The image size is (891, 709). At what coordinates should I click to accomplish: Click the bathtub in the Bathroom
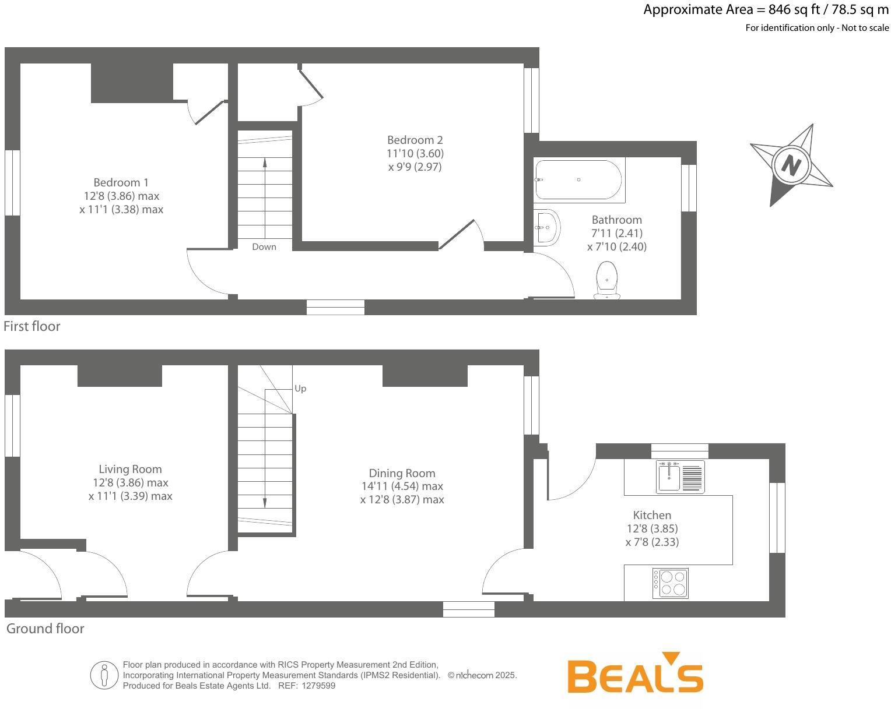[x=579, y=180]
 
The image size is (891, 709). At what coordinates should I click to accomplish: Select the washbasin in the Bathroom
[x=547, y=227]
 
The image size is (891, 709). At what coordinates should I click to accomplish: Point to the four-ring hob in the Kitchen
[x=671, y=583]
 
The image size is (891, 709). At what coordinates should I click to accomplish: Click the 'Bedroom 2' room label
[x=415, y=140]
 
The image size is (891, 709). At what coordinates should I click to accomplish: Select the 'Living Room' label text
[x=130, y=469]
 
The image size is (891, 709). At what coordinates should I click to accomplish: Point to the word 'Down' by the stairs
[x=264, y=247]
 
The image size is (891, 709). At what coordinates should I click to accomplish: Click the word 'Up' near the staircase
[x=300, y=389]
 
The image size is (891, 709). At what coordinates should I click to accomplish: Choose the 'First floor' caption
[x=32, y=326]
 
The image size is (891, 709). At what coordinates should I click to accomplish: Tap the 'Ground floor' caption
[x=45, y=629]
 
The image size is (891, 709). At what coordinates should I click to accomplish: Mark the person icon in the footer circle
[x=104, y=675]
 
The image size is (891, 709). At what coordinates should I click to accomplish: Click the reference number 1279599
[x=318, y=686]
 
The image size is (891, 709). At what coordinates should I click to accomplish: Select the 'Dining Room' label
[x=402, y=473]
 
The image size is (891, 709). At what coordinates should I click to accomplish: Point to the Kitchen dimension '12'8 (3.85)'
[x=652, y=528]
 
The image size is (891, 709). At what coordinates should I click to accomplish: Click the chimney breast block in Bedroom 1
[x=132, y=82]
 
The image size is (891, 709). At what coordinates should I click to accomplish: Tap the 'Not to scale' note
[x=865, y=28]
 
